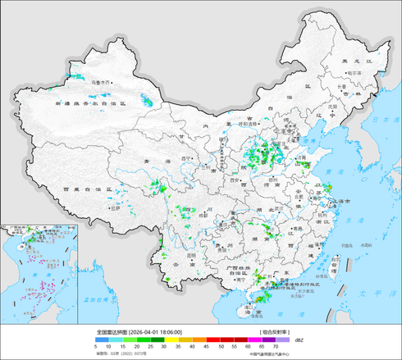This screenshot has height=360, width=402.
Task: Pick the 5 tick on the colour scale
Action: point(74,347)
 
